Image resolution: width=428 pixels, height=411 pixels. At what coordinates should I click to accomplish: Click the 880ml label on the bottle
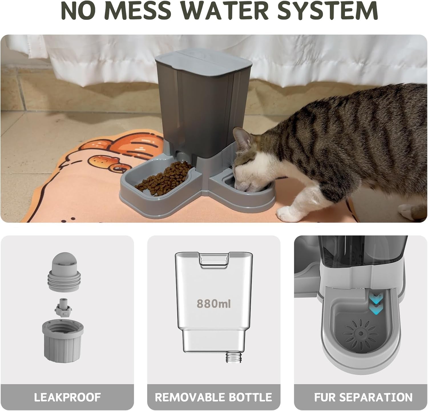(x=213, y=303)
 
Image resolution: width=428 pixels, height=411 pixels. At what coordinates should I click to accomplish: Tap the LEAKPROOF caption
(x=67, y=397)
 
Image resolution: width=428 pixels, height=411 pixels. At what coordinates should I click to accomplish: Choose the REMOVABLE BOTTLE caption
(x=214, y=397)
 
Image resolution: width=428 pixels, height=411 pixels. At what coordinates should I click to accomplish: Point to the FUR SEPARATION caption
(x=363, y=397)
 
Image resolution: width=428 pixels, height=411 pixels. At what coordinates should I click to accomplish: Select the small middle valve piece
(x=62, y=308)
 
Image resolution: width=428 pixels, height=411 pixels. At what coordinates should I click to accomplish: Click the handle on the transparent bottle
(x=214, y=260)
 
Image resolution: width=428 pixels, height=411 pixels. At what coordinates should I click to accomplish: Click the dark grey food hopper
(x=200, y=108)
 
